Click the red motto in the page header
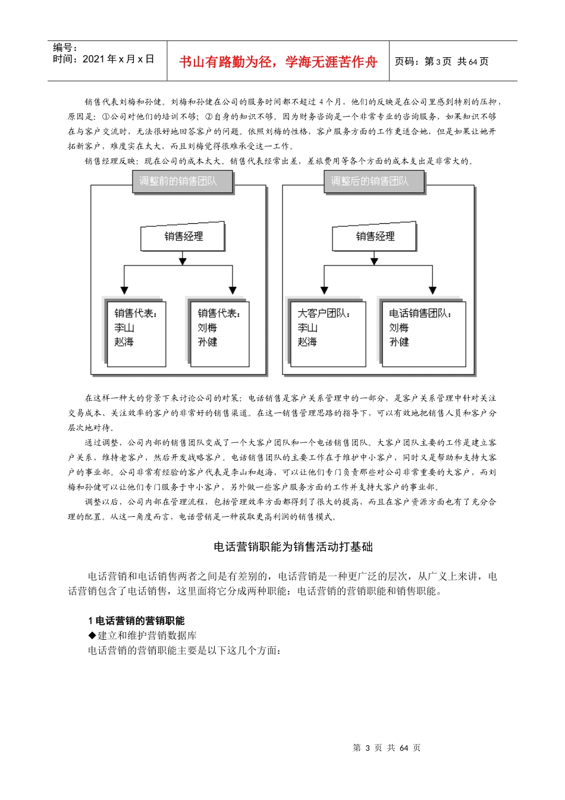coord(278,62)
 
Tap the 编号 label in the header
coord(65,48)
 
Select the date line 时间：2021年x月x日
coord(103,59)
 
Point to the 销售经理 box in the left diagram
coord(183,237)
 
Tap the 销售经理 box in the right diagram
coord(375,237)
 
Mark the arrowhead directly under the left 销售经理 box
coord(183,261)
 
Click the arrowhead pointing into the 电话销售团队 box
coord(433,290)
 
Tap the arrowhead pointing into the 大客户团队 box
coord(324,290)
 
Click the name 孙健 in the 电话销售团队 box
coord(399,342)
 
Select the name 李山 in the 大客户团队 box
coord(307,328)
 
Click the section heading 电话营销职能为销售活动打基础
coord(293,547)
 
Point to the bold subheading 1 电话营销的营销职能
coord(136,621)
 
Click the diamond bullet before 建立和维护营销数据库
coord(92,636)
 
